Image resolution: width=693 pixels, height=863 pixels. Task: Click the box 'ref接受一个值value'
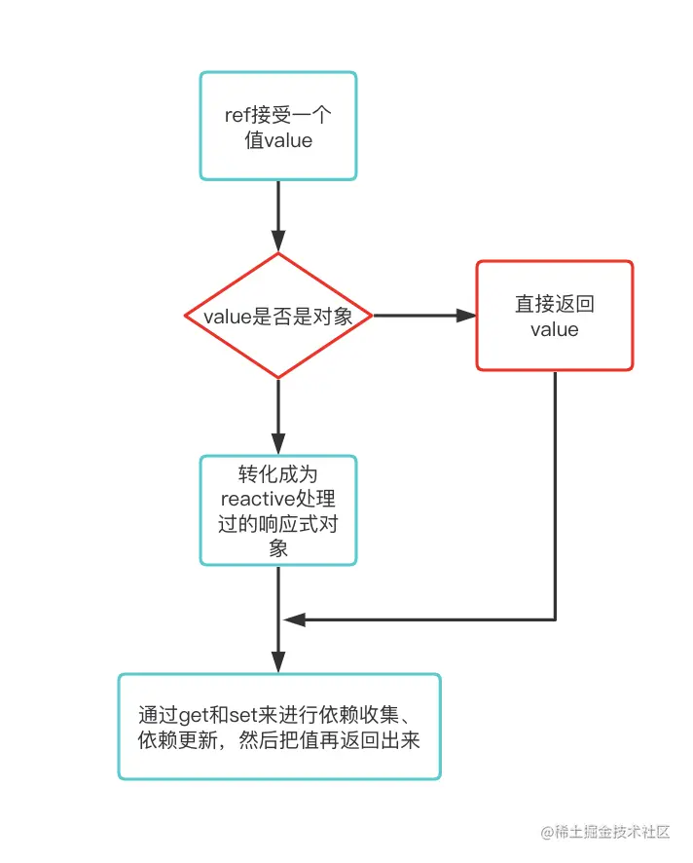tap(278, 127)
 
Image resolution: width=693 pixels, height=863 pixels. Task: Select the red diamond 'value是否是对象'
tap(278, 316)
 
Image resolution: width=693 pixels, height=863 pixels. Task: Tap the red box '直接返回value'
tap(555, 316)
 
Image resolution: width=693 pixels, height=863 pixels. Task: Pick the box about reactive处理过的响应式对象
tap(278, 510)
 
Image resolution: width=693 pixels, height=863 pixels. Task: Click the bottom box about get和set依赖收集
tap(278, 727)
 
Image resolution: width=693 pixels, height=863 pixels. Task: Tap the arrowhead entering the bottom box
tap(278, 662)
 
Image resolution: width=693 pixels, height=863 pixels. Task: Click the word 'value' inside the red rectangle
tap(555, 329)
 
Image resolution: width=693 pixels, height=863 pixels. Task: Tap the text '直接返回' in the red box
tap(555, 304)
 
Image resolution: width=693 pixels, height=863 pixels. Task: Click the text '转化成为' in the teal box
tap(278, 475)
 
